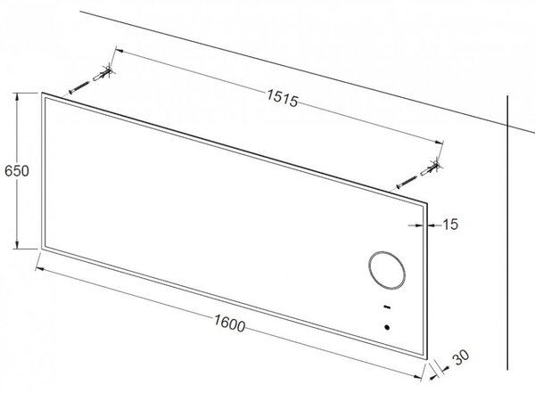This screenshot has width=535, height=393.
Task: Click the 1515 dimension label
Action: click(282, 98)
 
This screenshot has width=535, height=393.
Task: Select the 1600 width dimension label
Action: click(230, 323)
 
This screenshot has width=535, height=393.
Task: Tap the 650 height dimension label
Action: click(17, 171)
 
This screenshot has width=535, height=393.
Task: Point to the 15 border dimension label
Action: click(450, 225)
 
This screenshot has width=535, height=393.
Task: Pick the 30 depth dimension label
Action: click(461, 357)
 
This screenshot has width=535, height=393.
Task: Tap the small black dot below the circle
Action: click(387, 328)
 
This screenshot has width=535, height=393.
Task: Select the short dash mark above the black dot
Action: click(387, 307)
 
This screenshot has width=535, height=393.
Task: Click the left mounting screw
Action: click(79, 87)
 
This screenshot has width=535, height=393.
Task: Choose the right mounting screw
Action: click(407, 182)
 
